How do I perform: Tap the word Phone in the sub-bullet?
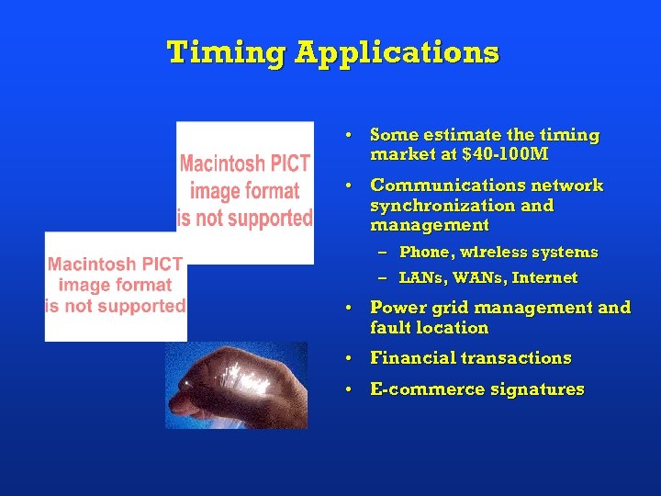tap(423, 252)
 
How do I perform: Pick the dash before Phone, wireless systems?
tap(381, 252)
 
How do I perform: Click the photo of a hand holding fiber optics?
tap(236, 385)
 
